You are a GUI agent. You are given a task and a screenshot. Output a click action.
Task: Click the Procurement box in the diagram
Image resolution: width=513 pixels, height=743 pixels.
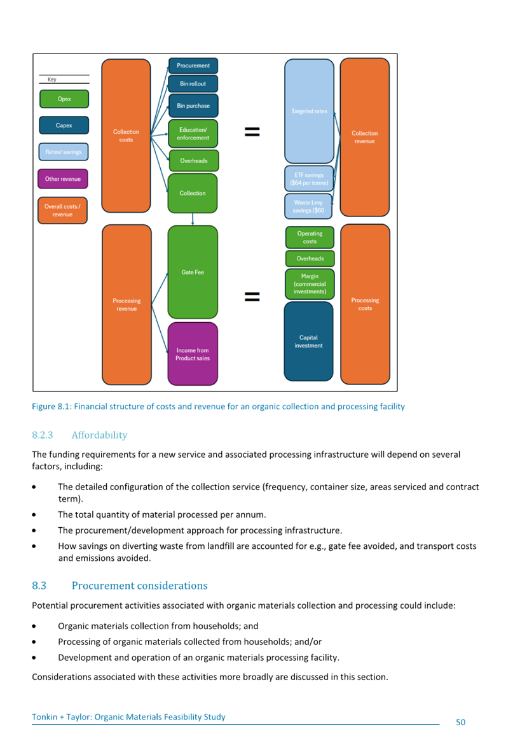coord(193,66)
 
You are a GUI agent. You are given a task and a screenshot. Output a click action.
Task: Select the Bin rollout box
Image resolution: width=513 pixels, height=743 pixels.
coord(193,84)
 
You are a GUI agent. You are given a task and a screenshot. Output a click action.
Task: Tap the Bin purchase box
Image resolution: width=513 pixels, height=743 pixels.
coord(193,106)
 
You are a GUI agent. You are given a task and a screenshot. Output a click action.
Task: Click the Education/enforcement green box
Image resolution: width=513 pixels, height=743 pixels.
coord(193,134)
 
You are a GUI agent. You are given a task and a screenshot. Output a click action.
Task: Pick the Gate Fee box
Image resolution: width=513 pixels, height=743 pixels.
coord(193,272)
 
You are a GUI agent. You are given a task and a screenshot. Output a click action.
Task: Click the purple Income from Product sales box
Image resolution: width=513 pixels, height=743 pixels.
coord(193,354)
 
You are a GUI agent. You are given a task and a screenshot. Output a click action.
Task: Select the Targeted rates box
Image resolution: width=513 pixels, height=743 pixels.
coord(309,111)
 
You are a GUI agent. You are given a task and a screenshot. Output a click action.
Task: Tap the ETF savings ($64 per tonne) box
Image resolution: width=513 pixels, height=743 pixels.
coord(309,179)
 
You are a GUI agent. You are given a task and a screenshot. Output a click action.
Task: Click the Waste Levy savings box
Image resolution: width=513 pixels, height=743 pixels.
coord(309,206)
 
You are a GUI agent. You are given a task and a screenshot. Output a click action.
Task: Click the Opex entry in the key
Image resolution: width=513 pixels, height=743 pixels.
coord(64,99)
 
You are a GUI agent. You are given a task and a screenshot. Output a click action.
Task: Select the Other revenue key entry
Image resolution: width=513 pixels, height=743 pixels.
coord(63,179)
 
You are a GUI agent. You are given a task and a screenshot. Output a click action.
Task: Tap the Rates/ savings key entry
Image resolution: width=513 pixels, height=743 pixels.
coord(64,152)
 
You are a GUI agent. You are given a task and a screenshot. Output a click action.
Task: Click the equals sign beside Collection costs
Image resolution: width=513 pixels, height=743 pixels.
coord(252,131)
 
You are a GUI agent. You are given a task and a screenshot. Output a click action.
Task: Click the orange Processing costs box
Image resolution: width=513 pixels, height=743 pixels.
coord(365,304)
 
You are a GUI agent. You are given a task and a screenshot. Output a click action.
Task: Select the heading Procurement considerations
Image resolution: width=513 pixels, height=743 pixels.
coord(139,585)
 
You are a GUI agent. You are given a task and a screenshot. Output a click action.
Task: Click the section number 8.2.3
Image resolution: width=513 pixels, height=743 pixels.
coord(42,435)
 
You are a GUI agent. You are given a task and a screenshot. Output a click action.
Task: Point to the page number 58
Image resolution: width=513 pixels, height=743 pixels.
coord(461,722)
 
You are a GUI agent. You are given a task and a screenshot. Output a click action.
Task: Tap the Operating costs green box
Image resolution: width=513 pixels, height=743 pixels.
coord(310,237)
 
